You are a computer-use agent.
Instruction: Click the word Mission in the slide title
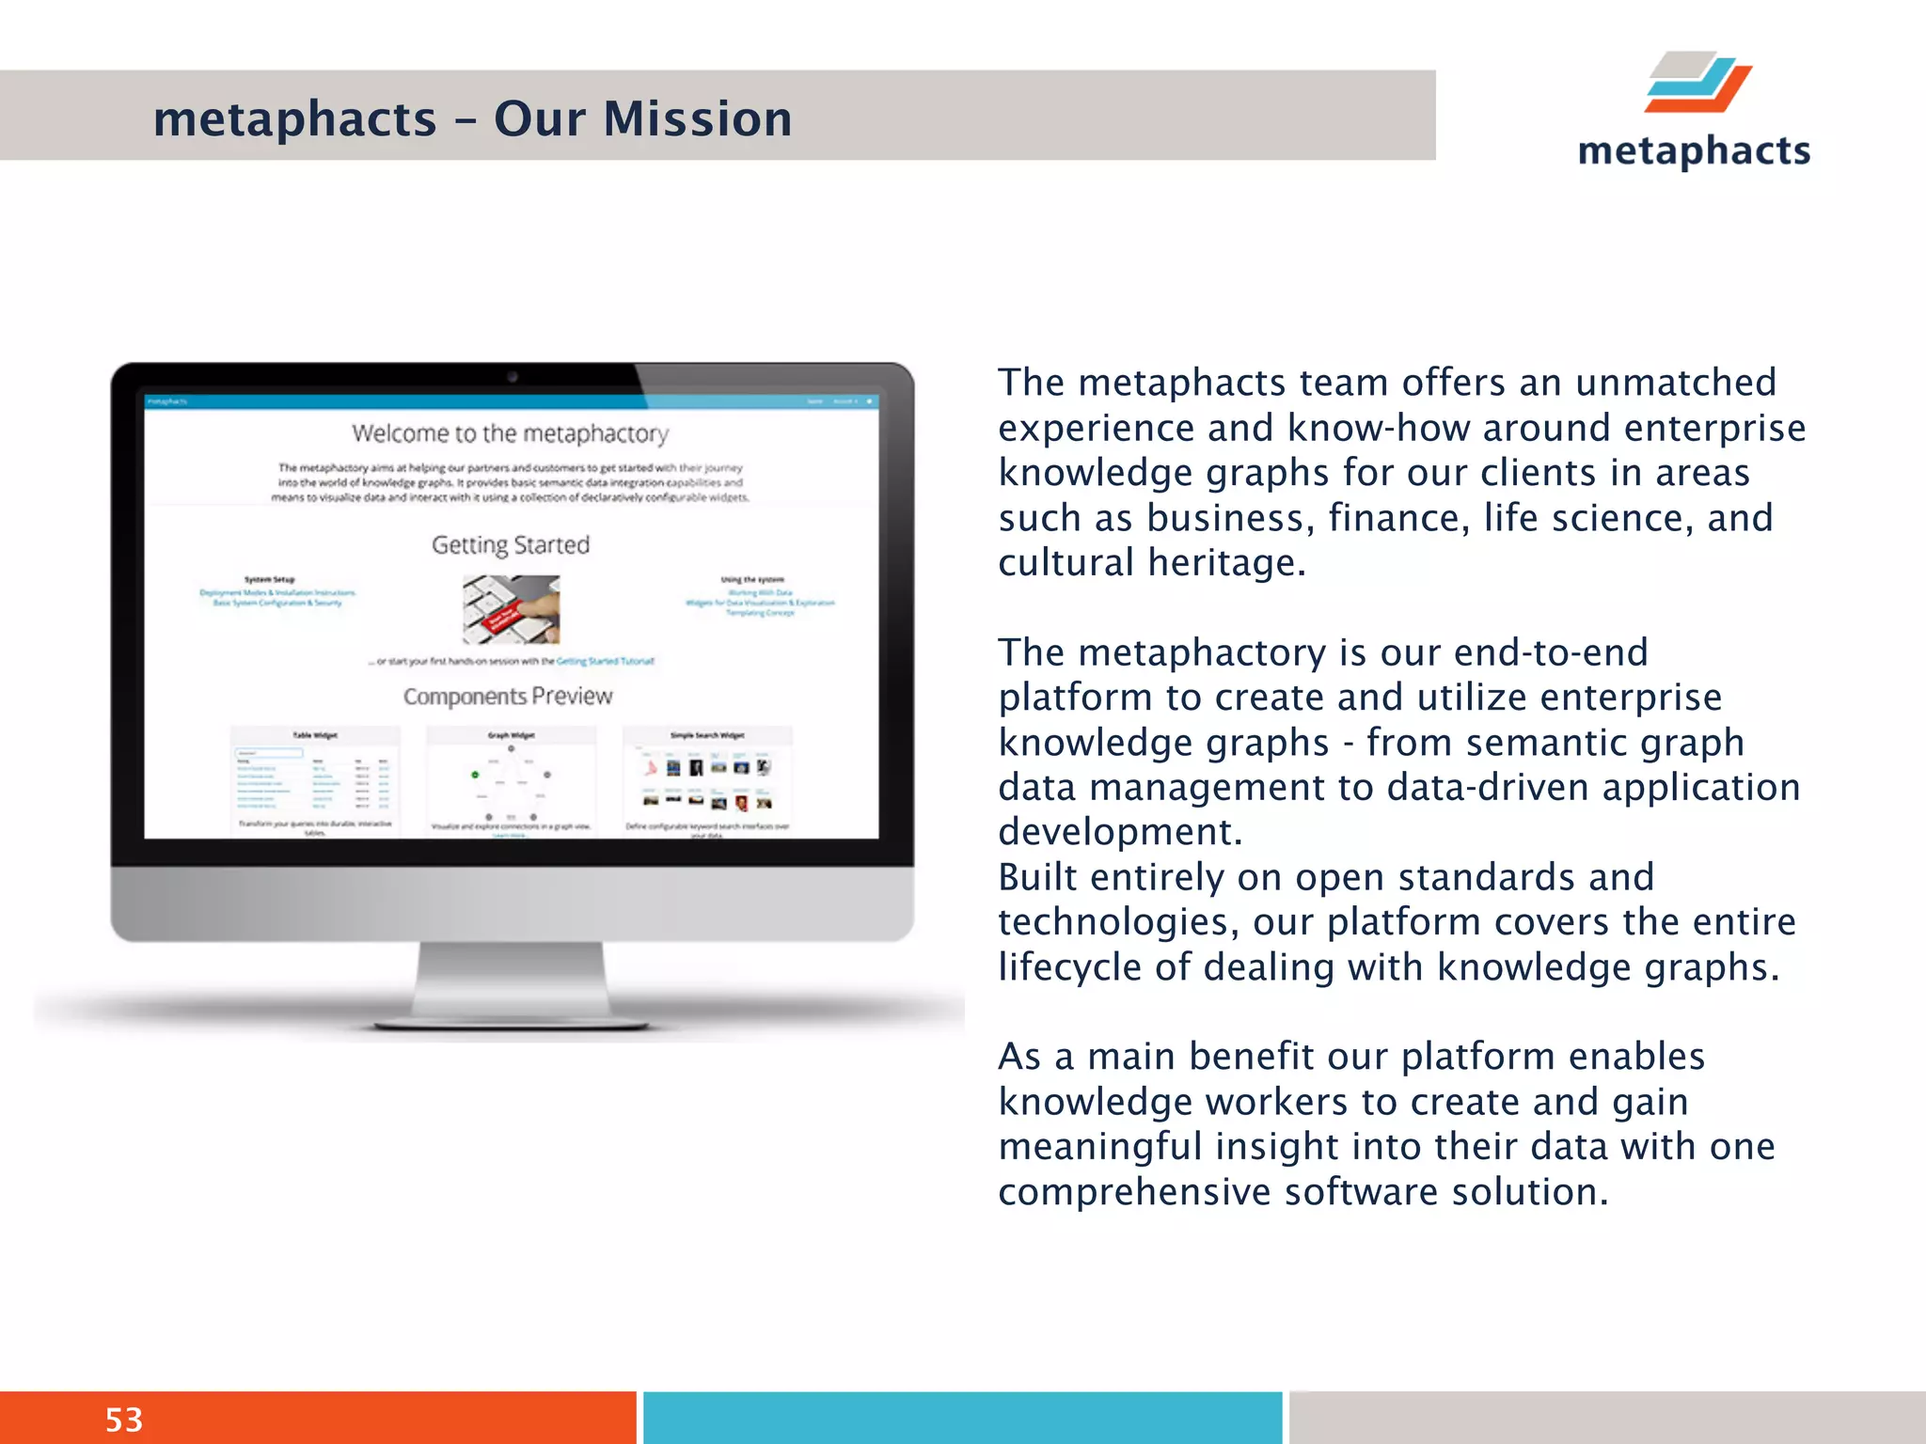pos(697,119)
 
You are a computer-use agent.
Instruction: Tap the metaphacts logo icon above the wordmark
pos(1697,83)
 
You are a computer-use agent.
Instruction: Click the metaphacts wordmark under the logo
pos(1694,150)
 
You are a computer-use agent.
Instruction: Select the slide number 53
pos(123,1419)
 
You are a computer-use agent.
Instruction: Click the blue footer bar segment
pos(961,1418)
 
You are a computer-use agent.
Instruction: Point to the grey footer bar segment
pos(1606,1418)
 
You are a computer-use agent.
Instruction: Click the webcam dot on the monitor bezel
pos(513,377)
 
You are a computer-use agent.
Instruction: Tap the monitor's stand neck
pos(512,978)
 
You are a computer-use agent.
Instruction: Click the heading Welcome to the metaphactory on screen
pos(510,433)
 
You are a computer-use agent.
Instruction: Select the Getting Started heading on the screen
pos(511,545)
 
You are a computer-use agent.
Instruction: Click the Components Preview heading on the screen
pos(508,697)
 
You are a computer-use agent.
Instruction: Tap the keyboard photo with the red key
pos(511,609)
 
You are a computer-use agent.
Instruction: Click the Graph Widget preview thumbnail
pos(511,780)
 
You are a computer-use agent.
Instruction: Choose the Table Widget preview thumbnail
pos(315,780)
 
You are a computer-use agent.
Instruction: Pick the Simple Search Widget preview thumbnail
pos(707,780)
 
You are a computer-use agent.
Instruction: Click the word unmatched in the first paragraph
pos(1676,383)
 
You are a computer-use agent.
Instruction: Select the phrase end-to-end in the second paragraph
pos(1551,652)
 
